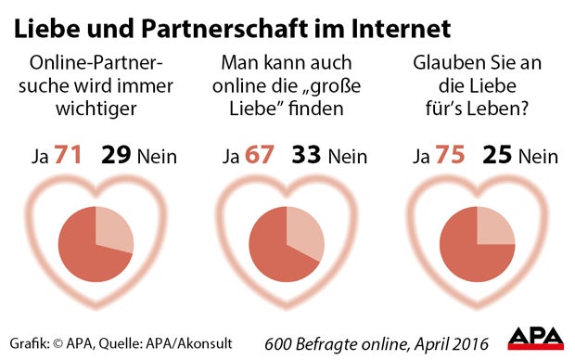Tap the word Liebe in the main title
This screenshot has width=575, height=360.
click(44, 29)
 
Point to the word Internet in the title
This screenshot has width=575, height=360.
click(401, 29)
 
